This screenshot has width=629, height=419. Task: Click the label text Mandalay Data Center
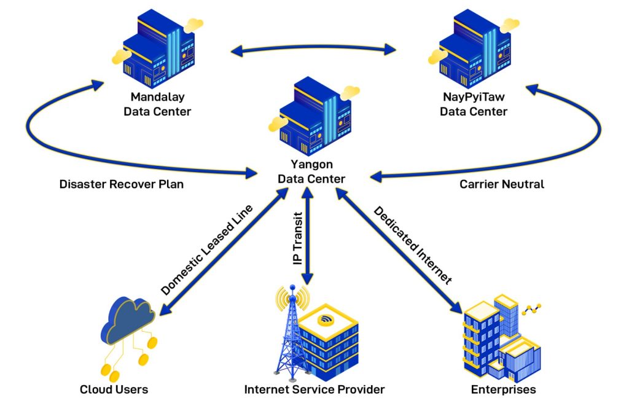pyautogui.click(x=157, y=104)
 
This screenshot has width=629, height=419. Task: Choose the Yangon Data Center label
pyautogui.click(x=311, y=171)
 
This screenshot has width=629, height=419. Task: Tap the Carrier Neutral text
pyautogui.click(x=502, y=184)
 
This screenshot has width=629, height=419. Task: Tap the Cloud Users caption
pyautogui.click(x=114, y=390)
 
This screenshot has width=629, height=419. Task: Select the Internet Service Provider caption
pyautogui.click(x=314, y=390)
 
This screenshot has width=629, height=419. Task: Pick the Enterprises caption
pyautogui.click(x=503, y=390)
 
